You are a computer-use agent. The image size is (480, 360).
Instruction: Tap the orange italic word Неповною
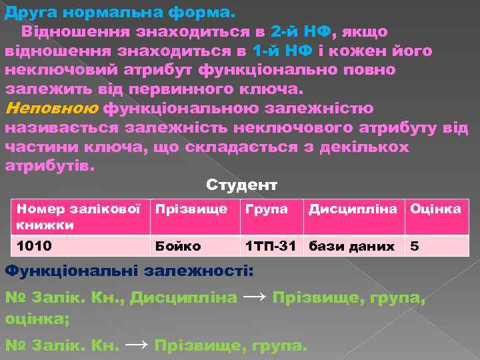(x=51, y=108)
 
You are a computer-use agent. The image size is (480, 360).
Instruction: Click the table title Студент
(x=241, y=185)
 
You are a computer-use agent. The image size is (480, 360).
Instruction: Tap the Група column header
(x=267, y=209)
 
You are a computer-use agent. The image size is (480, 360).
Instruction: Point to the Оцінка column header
(x=435, y=209)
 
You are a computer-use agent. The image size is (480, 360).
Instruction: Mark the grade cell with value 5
(x=415, y=246)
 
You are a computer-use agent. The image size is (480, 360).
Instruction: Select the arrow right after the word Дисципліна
(x=255, y=295)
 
